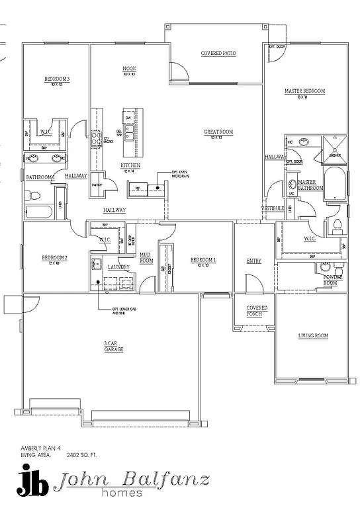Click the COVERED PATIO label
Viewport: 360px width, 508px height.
218,54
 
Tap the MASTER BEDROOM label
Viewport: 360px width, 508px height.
304,91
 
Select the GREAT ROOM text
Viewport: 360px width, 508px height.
218,132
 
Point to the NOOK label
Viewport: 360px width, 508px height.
129,69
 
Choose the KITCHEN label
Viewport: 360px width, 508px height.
130,165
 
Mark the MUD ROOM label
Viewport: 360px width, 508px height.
146,258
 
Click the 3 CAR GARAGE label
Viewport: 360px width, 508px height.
113,347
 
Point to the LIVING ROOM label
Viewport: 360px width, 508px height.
313,336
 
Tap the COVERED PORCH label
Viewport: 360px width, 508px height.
257,311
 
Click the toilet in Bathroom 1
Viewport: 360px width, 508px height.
34,196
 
